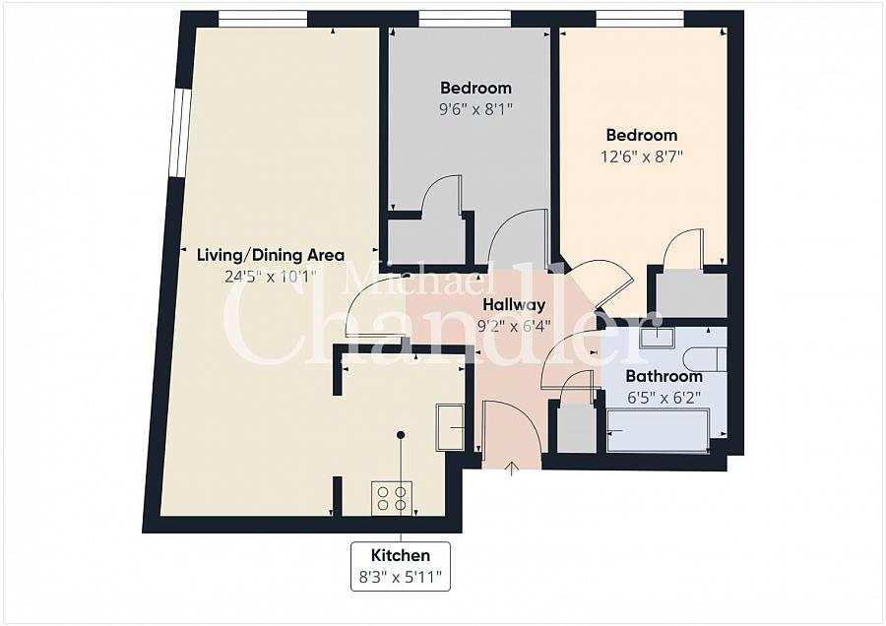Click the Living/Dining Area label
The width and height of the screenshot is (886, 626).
tap(271, 255)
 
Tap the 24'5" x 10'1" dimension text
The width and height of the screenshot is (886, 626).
tap(271, 277)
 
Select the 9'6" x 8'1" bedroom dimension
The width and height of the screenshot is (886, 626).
tap(475, 108)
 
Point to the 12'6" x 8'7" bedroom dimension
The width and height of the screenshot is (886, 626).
tap(641, 156)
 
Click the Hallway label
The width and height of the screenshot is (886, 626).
tap(514, 305)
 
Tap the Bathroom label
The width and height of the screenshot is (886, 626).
tap(664, 376)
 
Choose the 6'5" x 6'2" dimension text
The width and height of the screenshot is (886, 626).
tap(664, 398)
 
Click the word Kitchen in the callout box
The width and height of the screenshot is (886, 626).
tap(401, 555)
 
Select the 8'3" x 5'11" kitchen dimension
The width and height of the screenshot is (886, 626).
tap(401, 578)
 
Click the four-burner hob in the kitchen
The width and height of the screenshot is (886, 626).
tap(392, 498)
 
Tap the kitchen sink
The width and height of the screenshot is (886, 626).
tap(450, 427)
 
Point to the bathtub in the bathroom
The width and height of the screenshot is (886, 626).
tap(658, 430)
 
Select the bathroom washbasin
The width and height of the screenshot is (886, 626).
tap(658, 338)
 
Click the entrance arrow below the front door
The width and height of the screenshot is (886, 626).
tap(512, 469)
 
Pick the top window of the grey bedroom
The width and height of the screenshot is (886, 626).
tap(465, 20)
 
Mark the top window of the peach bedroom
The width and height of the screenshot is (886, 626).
tap(640, 20)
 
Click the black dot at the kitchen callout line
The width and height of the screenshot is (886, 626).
tap(401, 435)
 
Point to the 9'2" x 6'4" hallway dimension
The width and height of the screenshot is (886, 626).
tap(514, 327)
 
